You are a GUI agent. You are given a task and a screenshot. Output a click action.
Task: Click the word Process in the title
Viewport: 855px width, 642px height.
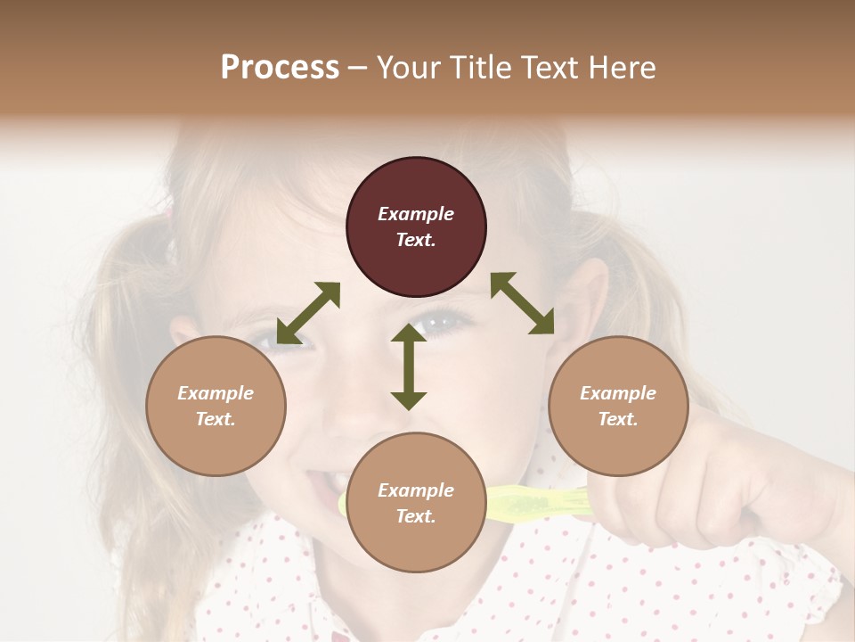tap(280, 68)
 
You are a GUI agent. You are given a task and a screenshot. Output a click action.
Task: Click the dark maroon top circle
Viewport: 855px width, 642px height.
tap(416, 227)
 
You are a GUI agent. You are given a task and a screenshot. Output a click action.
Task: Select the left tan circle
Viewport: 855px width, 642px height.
tap(216, 407)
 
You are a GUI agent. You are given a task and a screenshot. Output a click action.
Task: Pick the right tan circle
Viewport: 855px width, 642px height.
tap(618, 407)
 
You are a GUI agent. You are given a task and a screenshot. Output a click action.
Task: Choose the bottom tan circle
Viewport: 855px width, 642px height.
tap(416, 503)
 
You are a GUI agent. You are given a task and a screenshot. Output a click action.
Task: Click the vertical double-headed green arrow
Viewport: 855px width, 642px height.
tap(409, 366)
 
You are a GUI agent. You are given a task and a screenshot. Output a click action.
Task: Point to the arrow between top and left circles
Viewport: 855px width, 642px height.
tap(308, 313)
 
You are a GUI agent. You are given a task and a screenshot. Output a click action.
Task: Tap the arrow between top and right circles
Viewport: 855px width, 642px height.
tap(523, 303)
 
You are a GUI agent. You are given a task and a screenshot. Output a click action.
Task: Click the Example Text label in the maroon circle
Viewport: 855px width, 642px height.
tap(416, 227)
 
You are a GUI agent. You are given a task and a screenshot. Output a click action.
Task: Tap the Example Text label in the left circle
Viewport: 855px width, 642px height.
tap(216, 407)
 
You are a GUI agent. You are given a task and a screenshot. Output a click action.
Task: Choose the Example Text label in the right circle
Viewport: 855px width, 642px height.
tap(618, 407)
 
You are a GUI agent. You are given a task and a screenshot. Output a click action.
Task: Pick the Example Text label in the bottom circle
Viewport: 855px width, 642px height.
tap(416, 503)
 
